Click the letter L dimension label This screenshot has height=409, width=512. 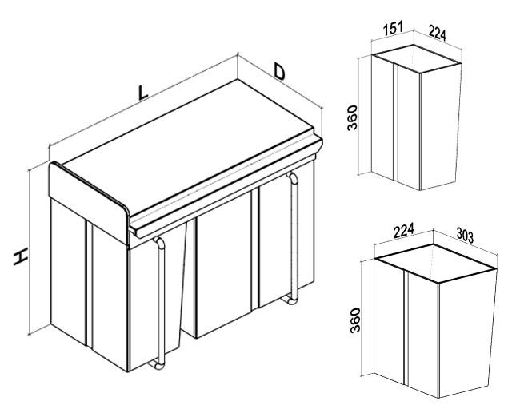[x=142, y=93]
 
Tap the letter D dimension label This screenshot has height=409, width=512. [x=279, y=72]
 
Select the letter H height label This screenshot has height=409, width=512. [x=20, y=256]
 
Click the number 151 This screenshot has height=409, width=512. [x=393, y=29]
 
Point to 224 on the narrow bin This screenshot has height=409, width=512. [x=437, y=33]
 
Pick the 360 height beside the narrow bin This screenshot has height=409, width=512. [x=353, y=117]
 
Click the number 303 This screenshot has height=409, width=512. [x=465, y=236]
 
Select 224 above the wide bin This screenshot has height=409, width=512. [x=403, y=230]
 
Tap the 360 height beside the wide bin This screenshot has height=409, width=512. [x=355, y=320]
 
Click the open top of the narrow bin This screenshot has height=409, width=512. [x=417, y=58]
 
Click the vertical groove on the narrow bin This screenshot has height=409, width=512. [x=395, y=121]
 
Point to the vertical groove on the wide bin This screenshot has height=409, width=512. [x=406, y=328]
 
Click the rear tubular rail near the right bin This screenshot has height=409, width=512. [x=294, y=236]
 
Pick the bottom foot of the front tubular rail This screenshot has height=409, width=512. [x=156, y=365]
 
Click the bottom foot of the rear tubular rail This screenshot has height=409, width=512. [x=290, y=300]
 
